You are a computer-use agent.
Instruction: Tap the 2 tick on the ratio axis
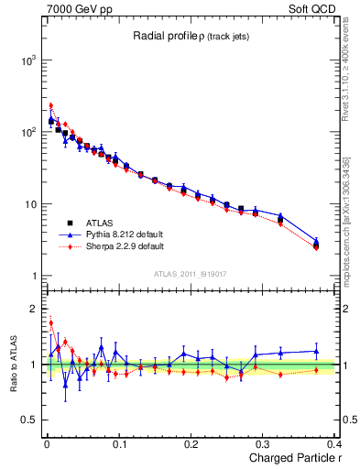[x=32, y=309]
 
